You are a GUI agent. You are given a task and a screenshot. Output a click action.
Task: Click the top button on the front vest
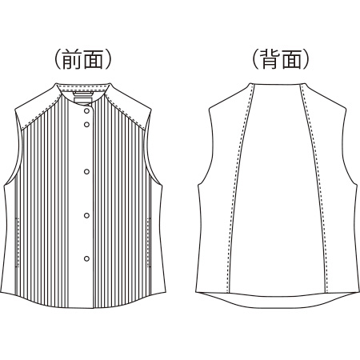pos(86,110)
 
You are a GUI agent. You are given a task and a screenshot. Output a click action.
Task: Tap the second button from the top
pos(86,124)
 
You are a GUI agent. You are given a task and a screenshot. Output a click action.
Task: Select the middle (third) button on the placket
pos(86,171)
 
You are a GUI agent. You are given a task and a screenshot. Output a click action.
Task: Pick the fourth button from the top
pos(86,215)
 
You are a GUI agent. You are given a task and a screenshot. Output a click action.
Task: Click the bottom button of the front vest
pos(86,258)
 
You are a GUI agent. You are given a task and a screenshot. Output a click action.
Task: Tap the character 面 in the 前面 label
pos(94,59)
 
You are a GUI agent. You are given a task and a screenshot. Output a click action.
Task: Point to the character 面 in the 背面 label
pos(291,59)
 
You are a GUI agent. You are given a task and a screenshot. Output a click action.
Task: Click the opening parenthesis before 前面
pos(58,59)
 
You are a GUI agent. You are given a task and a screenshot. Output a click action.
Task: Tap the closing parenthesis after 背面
pos(306,59)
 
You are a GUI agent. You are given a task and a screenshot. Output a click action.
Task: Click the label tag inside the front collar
pos(83,100)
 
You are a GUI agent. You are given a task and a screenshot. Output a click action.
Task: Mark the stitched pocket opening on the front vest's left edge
pos(18,242)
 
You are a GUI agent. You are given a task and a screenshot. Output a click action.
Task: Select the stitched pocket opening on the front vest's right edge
pos(149,242)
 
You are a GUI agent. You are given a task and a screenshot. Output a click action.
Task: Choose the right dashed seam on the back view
pos(315,186)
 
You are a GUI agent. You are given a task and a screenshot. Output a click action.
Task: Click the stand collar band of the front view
pos(83,88)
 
